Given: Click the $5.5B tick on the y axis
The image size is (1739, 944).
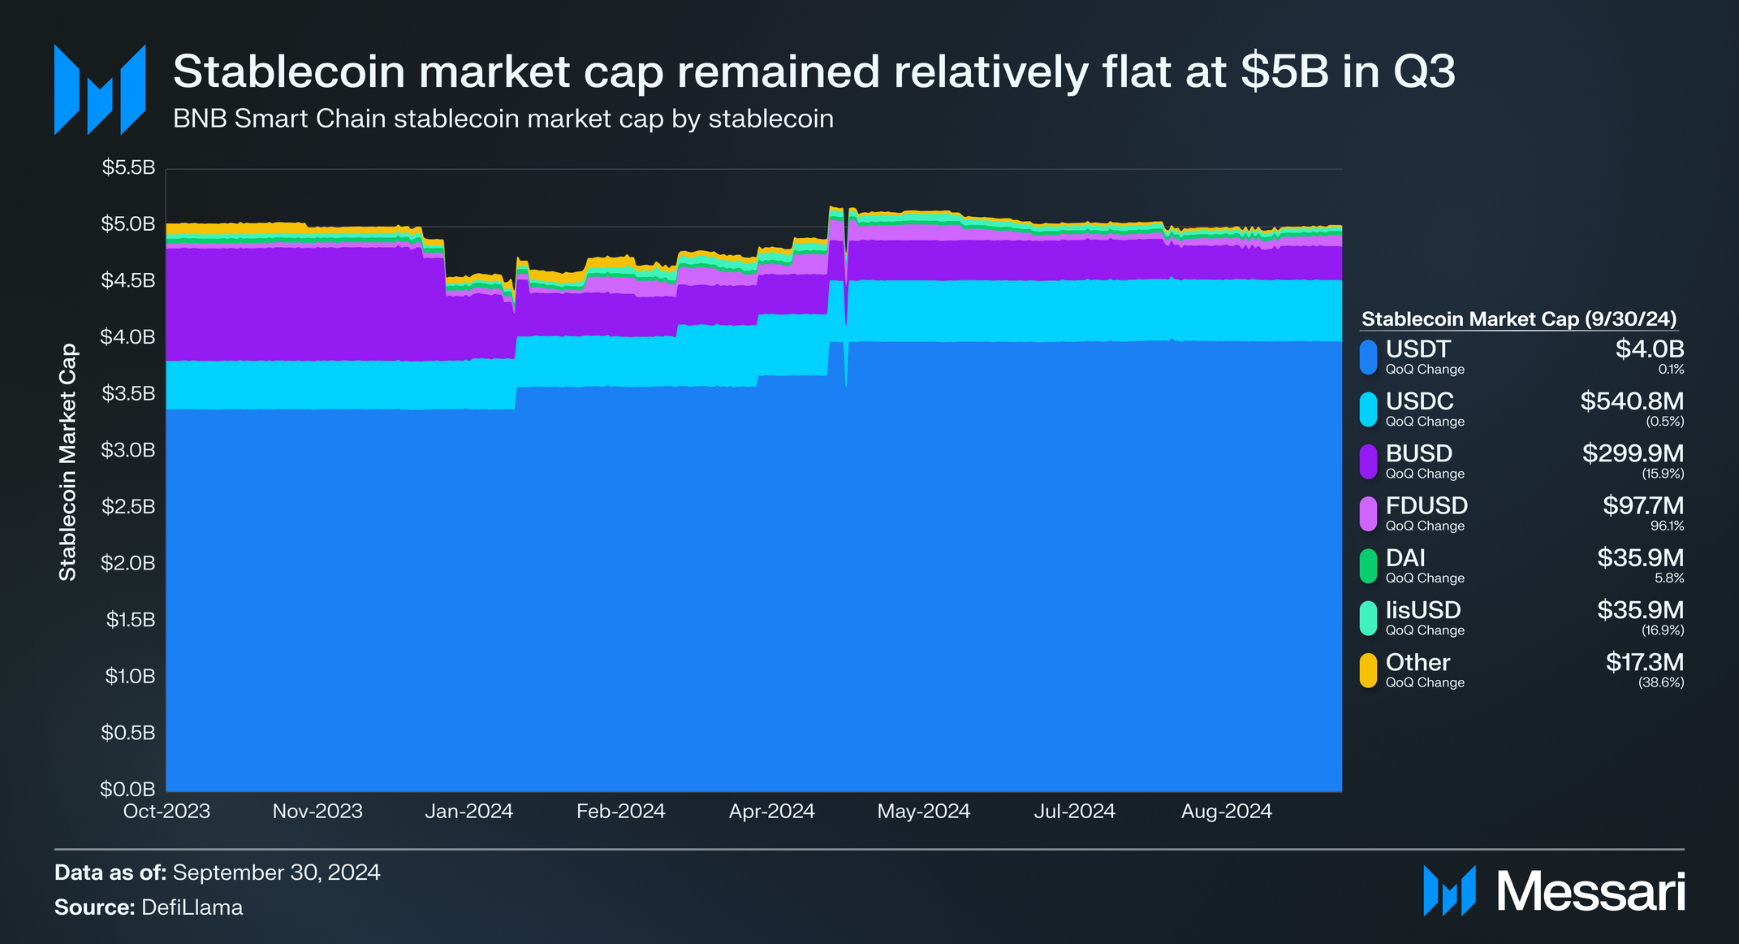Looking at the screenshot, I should pos(127,168).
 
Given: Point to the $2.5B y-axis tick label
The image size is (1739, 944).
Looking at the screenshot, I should pos(127,507).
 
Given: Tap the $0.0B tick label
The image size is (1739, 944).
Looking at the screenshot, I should pos(127,789).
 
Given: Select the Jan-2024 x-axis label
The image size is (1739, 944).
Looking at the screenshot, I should pos(468,811).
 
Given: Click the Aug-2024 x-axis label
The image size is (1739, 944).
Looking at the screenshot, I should pos(1226,811).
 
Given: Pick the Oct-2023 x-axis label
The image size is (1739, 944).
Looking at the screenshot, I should pos(166,811).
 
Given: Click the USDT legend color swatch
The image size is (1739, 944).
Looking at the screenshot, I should pos(1368,357).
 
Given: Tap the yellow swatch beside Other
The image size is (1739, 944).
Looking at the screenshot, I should pos(1368,670).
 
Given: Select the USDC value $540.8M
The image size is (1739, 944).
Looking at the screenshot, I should pos(1631,401).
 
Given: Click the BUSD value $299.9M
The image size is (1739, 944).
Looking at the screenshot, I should pos(1632,453).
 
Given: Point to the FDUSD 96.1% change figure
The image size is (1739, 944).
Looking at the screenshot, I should pos(1667,526).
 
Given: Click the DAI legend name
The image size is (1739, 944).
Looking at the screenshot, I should pos(1405,558).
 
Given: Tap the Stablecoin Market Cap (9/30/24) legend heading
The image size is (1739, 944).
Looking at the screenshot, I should pos(1518,319).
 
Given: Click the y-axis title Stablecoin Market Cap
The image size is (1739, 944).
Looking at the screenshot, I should pos(67,461).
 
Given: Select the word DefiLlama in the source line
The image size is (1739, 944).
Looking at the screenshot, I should pos(192,907).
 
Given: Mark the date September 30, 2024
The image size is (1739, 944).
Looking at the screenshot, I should pos(276,873).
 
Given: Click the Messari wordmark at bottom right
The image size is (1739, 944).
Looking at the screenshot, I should pos(1590,892).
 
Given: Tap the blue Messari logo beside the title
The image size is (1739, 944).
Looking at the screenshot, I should pos(99,89).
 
